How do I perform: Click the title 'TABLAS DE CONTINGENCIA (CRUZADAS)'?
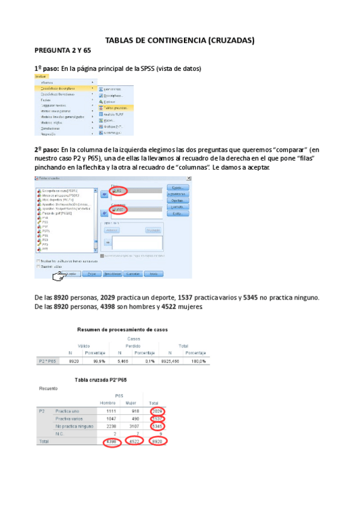pyautogui.click(x=180, y=40)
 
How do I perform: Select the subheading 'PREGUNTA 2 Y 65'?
pyautogui.click(x=62, y=51)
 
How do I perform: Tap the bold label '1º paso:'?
pyautogui.click(x=46, y=69)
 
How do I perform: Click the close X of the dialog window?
pyautogui.click(x=189, y=179)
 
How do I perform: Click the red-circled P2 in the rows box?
pyautogui.click(x=118, y=191)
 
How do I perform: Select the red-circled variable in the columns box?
pyautogui.click(x=118, y=210)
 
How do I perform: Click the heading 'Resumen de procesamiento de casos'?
pyautogui.click(x=123, y=330)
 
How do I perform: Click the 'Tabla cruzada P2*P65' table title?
pyautogui.click(x=100, y=379)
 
